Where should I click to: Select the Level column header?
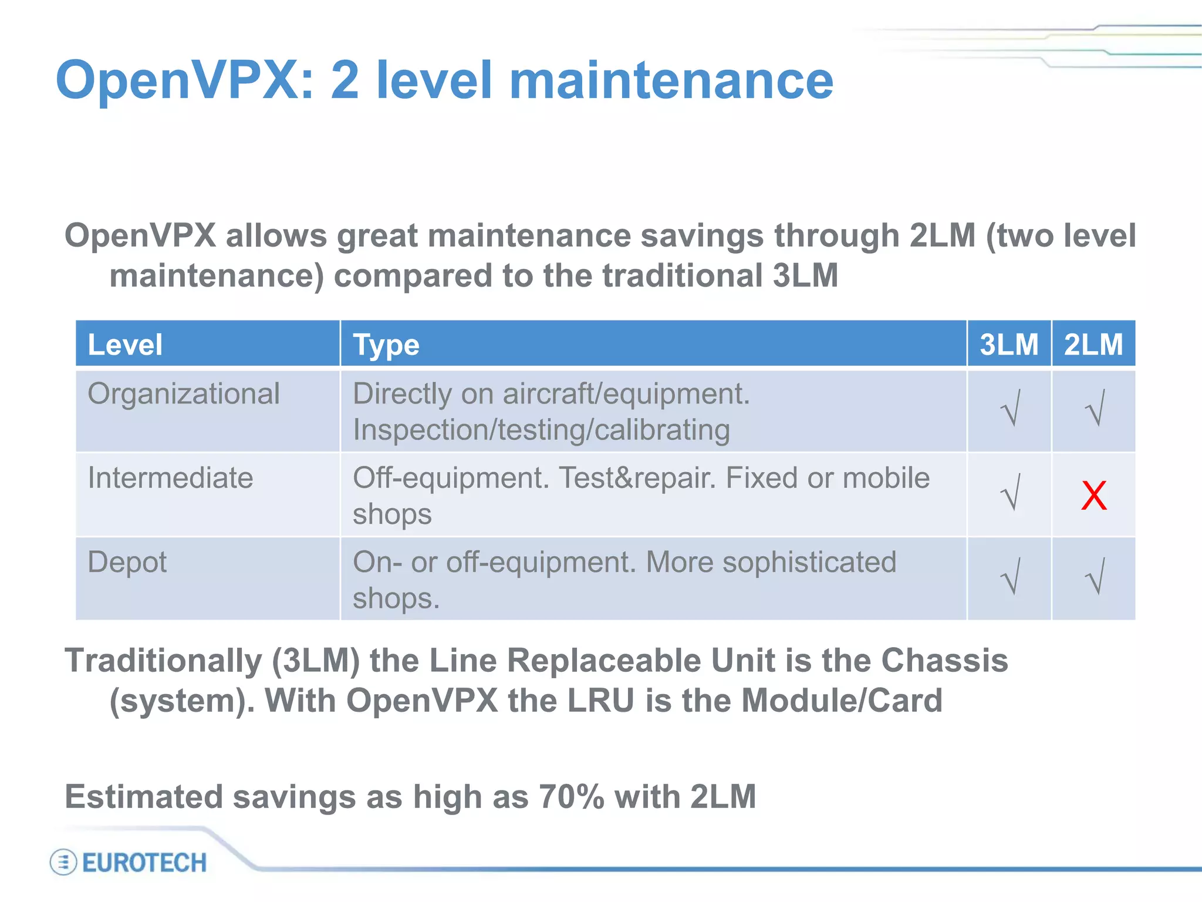pyautogui.click(x=125, y=345)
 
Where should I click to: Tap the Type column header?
pyautogui.click(x=386, y=345)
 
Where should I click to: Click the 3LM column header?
pyautogui.click(x=1009, y=344)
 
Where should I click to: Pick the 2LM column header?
pyautogui.click(x=1093, y=344)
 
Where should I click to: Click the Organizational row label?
pyautogui.click(x=184, y=393)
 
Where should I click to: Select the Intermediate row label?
pyautogui.click(x=170, y=477)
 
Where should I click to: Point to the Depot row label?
pyautogui.click(x=127, y=562)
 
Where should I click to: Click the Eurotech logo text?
pyautogui.click(x=144, y=863)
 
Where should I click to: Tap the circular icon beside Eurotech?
pyautogui.click(x=63, y=863)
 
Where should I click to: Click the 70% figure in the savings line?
pyautogui.click(x=571, y=797)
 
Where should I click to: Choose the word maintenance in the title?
pyautogui.click(x=671, y=80)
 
